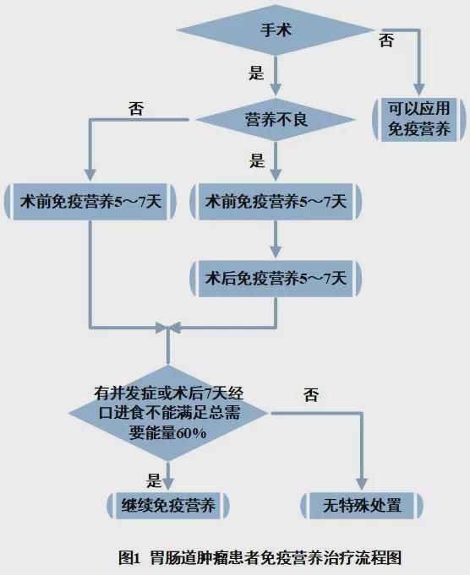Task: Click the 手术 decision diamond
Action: (x=276, y=30)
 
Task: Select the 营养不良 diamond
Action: (x=276, y=120)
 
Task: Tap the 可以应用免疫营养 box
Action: (x=419, y=120)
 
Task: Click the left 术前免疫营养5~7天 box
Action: (x=90, y=202)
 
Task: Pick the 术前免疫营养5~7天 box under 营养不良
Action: (x=276, y=202)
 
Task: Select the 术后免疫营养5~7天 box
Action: (x=276, y=279)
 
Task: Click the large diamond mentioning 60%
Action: (x=168, y=413)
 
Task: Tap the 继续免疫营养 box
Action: (x=168, y=506)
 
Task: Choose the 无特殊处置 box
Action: (x=362, y=506)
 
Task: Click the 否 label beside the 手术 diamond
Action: (x=386, y=40)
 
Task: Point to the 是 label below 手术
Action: (x=256, y=73)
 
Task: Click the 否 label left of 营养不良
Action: (x=136, y=109)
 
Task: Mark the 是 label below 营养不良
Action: (x=257, y=160)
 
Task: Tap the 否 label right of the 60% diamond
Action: (x=310, y=394)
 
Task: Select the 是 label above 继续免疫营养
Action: (x=154, y=480)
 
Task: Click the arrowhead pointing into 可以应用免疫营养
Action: (x=419, y=90)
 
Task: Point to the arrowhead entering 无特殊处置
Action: (x=362, y=484)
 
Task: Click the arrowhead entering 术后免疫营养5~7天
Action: (x=276, y=252)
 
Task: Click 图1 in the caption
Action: (x=129, y=558)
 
